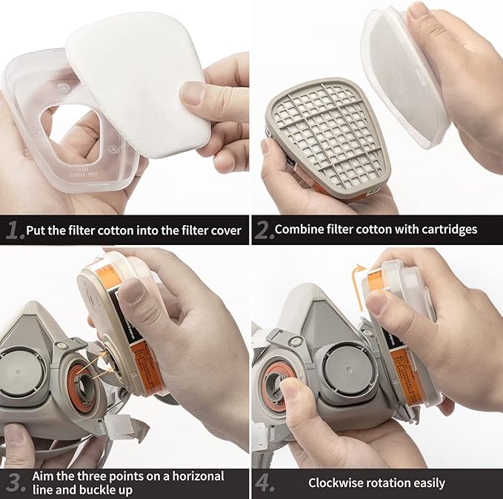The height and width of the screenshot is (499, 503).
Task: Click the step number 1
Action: coord(13,230)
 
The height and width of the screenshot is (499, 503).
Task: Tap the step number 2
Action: coord(263,230)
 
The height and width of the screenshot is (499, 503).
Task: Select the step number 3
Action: coord(13,483)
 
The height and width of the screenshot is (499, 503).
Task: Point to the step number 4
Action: coord(264,483)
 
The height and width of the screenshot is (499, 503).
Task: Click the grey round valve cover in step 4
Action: coord(343,369)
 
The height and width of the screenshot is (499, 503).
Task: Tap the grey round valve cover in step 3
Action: coord(21,368)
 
